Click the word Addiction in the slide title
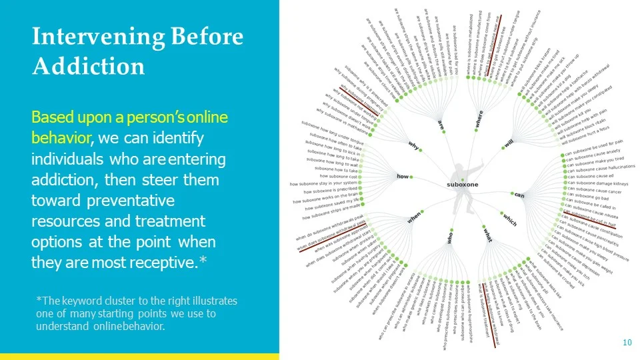(x=88, y=66)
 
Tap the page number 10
(x=627, y=343)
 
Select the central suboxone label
(x=461, y=183)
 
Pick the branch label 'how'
(x=403, y=177)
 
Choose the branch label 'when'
(x=414, y=217)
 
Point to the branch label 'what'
(x=487, y=235)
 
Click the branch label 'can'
(x=519, y=195)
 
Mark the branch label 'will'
(x=509, y=143)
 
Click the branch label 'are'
(x=440, y=124)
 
